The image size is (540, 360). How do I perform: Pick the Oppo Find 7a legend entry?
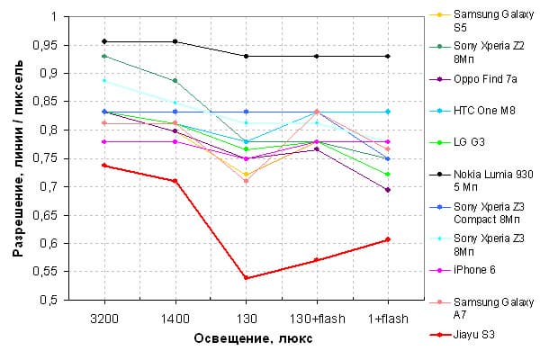[484, 79]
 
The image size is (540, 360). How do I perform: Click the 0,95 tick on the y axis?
[44, 45]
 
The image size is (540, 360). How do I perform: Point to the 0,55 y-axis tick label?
[44, 272]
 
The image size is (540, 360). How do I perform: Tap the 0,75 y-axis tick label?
[44, 158]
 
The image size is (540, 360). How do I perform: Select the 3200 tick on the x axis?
[104, 319]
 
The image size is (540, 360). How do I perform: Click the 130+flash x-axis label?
[316, 319]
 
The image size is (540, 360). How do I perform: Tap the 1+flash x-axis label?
[387, 319]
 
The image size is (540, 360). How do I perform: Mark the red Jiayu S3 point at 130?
[246, 278]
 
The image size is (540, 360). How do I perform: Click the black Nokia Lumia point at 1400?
[175, 41]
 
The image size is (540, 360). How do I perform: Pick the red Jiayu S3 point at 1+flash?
[387, 239]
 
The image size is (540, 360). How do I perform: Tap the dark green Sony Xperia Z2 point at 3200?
[104, 56]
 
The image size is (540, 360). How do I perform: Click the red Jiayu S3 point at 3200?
[104, 166]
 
